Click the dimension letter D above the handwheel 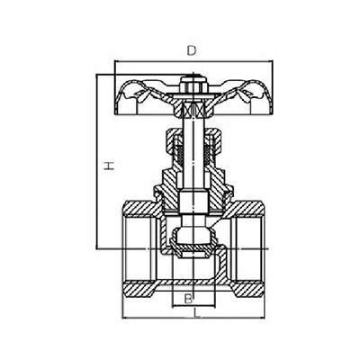tap(191, 50)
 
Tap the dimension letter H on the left tap(109, 166)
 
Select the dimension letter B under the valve tap(188, 299)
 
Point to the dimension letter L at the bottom tap(197, 313)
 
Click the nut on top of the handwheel tap(193, 85)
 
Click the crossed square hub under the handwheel tap(193, 108)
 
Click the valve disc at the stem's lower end tap(193, 245)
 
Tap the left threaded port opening tap(139, 249)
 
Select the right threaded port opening tap(248, 249)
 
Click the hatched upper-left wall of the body tap(141, 208)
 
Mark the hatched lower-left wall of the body tap(139, 289)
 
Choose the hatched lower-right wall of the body tap(247, 289)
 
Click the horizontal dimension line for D tap(193, 61)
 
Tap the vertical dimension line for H tap(97, 161)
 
